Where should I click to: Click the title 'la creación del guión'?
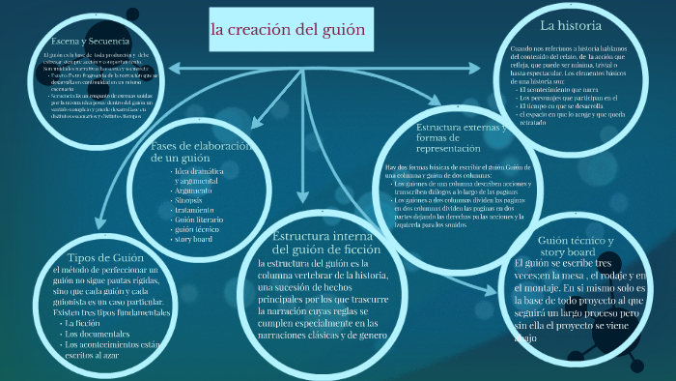coord(288,29)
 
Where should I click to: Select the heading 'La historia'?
coord(571,25)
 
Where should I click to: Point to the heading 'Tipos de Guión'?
coord(97,258)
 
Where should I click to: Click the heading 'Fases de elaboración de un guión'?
coord(202,151)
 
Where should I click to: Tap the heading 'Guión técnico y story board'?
coord(577,246)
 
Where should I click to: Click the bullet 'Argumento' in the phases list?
coord(196,190)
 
